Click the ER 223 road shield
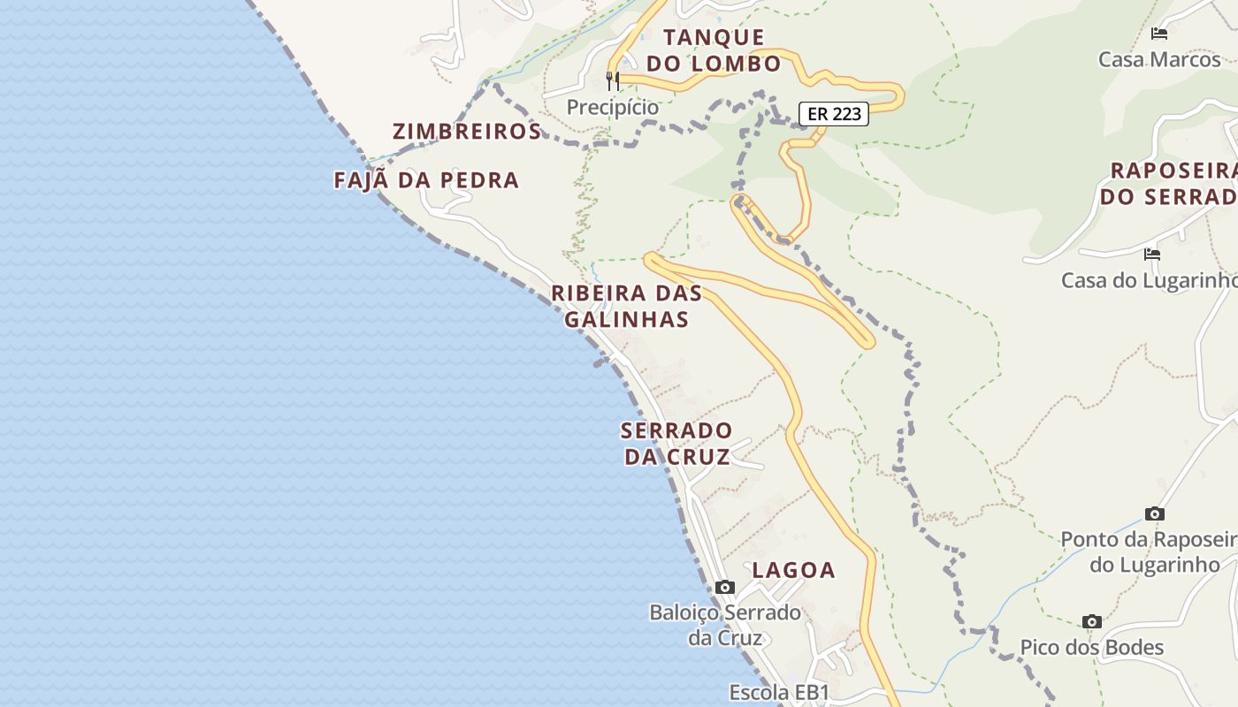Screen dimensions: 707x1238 click(x=834, y=114)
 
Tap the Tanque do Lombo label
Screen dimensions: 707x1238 click(x=714, y=50)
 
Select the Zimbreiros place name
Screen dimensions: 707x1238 click(x=466, y=132)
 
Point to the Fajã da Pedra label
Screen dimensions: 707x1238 click(x=426, y=180)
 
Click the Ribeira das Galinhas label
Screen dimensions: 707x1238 click(x=626, y=306)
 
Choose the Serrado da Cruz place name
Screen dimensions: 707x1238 click(x=677, y=444)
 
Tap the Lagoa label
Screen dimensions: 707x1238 click(x=793, y=570)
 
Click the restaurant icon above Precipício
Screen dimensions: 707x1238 click(x=613, y=80)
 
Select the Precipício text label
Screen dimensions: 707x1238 click(x=613, y=107)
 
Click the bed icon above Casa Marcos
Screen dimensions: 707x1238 click(x=1159, y=34)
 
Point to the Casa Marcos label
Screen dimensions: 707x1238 click(x=1159, y=60)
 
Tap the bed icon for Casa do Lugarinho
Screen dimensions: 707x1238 click(x=1151, y=255)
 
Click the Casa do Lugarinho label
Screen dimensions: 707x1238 click(x=1150, y=280)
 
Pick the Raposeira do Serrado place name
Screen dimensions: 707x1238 click(x=1173, y=183)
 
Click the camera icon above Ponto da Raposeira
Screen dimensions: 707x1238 click(x=1154, y=513)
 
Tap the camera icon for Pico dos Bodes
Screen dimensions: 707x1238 click(x=1092, y=622)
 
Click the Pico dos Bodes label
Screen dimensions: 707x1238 click(x=1092, y=648)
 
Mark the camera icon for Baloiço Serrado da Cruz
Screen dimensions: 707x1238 click(x=725, y=587)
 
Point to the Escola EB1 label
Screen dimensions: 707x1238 click(x=779, y=692)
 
